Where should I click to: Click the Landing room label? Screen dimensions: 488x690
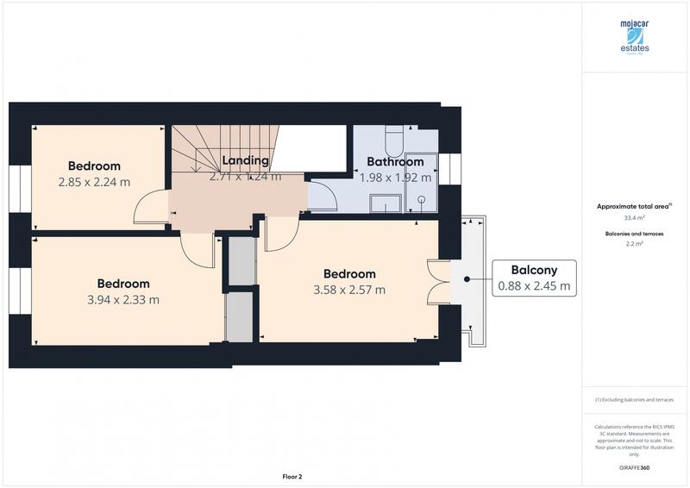pos(245,160)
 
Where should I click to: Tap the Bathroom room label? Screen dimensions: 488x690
pos(395,161)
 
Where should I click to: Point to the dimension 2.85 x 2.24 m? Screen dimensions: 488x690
pos(94,182)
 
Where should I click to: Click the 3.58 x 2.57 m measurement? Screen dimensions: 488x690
pos(349,290)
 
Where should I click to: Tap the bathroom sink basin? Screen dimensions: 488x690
pos(385,203)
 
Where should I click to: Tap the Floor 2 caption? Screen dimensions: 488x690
pos(292,476)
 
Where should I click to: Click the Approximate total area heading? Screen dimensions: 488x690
pos(632,207)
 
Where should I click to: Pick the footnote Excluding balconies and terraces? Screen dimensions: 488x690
pos(634,400)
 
